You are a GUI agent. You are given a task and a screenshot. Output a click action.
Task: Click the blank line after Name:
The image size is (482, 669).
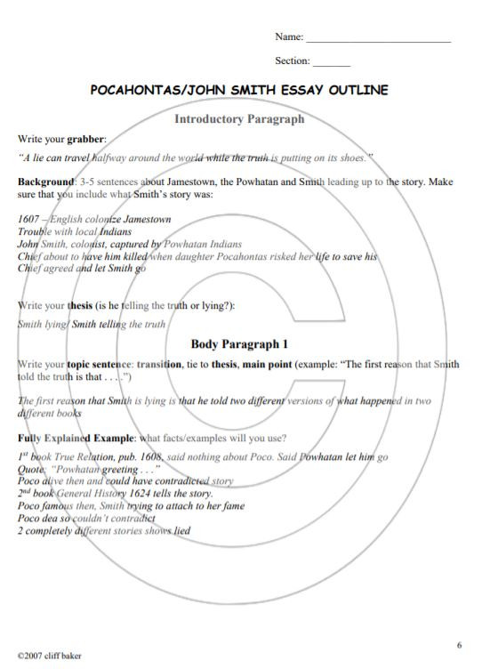(x=378, y=41)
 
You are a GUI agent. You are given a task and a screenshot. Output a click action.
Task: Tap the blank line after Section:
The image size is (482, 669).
(x=332, y=65)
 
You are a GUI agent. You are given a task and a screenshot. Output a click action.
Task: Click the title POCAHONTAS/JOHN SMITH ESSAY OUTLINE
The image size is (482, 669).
(x=240, y=91)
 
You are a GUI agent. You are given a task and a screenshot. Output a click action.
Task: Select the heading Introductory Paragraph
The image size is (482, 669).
(x=239, y=118)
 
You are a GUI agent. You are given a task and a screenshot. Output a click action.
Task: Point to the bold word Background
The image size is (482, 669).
(x=45, y=181)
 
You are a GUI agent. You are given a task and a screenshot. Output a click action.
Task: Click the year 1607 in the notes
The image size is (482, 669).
(x=28, y=219)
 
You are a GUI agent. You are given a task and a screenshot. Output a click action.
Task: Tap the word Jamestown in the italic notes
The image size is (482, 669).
(x=144, y=219)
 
